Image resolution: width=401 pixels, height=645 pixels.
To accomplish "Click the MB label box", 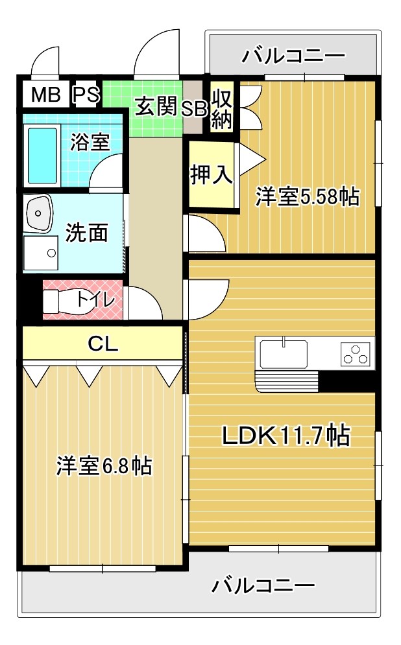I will pyautogui.click(x=45, y=95).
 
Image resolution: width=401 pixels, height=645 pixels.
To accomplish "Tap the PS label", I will pyautogui.click(x=86, y=95).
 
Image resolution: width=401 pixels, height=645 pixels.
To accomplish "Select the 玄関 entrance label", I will pyautogui.click(x=156, y=106).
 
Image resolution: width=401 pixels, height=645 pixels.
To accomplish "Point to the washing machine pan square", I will pyautogui.click(x=40, y=253).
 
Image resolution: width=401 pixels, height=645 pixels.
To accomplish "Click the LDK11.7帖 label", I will pyautogui.click(x=286, y=436).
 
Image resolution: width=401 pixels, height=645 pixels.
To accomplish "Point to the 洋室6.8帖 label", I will pyautogui.click(x=104, y=466).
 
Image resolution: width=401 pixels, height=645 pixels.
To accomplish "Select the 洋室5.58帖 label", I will pyautogui.click(x=307, y=196).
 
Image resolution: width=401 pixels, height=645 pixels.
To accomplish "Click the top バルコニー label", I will pyautogui.click(x=293, y=56).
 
